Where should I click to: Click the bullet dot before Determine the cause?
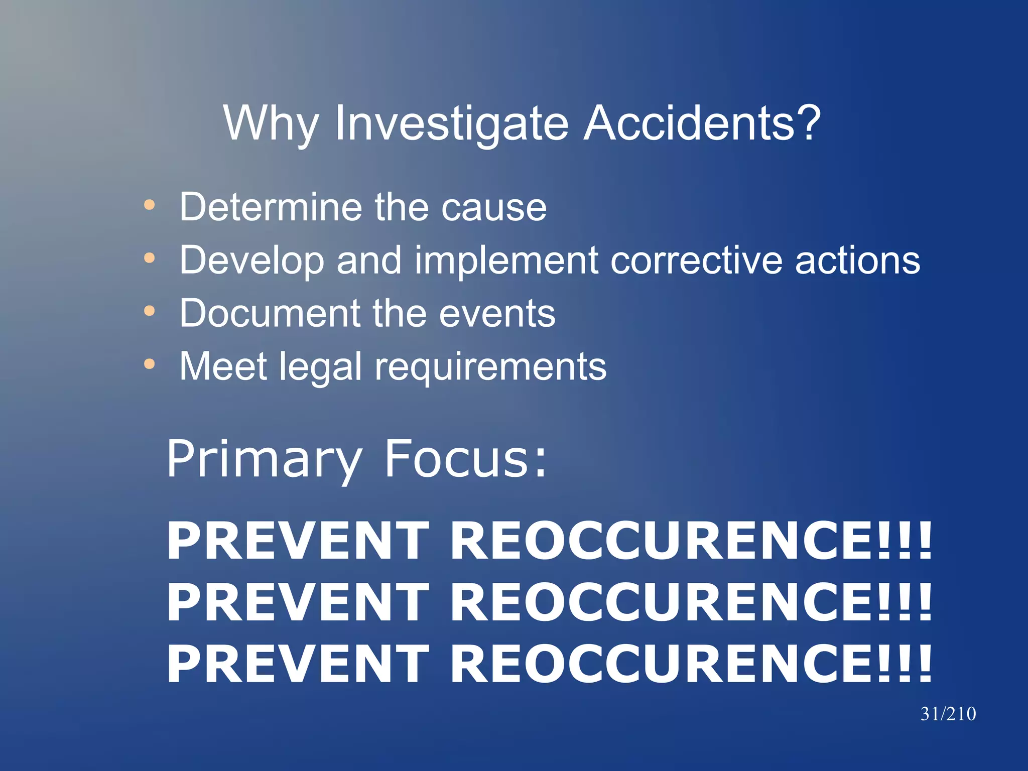149,205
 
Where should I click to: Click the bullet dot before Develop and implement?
149,258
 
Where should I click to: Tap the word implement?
506,261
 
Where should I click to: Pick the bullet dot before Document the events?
149,311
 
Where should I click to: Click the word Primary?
264,459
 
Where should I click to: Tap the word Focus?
465,459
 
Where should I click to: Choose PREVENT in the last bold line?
297,665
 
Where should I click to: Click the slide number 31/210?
948,714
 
